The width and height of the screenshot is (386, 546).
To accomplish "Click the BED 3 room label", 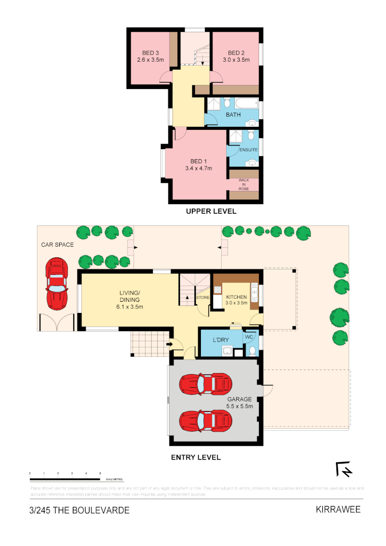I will pos(150,53).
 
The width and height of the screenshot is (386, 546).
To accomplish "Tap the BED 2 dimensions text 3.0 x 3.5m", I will pos(236,60).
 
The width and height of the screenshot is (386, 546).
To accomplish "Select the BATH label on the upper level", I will pos(233,115).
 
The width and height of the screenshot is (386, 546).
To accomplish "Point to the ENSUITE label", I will pos(248,150).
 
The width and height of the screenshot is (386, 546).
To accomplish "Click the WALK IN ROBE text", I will pos(244,185).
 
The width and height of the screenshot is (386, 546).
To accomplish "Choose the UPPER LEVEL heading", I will pos(211,211).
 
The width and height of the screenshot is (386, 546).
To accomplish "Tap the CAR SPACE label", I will pos(57,245).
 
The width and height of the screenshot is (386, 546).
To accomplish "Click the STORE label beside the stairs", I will pos(203,298).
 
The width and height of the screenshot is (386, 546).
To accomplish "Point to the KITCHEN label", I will pos(236,297).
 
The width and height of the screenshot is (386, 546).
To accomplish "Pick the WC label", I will pos(248,337).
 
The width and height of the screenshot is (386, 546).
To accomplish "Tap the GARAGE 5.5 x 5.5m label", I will pos(239,402).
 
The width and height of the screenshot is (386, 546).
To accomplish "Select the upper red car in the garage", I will pos(206,384).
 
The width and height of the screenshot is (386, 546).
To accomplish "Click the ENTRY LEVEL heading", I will pos(195,457).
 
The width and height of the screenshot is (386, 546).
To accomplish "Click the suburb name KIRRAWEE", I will pos(338,509).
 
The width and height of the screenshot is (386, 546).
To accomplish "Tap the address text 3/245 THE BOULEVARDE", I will pos(79,510).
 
